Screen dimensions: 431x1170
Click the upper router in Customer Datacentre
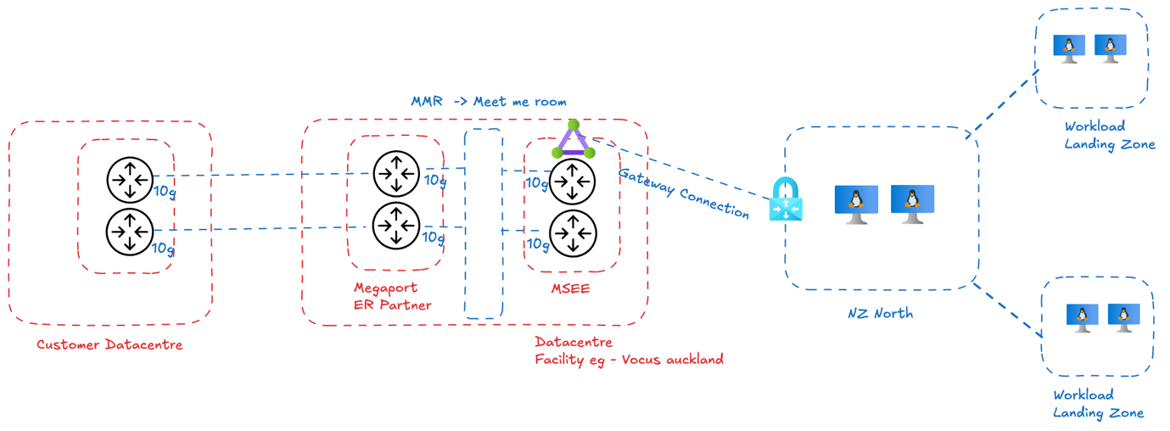[130, 180]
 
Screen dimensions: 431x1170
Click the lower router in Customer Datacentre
[130, 231]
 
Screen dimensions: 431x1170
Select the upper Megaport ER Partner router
[396, 174]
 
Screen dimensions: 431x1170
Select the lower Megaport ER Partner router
[396, 227]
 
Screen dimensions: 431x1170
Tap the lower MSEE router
[573, 232]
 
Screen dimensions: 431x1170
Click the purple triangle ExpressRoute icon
[574, 141]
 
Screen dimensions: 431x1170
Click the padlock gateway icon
[786, 200]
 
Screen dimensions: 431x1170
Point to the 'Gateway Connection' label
[683, 193]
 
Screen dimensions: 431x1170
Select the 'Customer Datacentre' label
[109, 344]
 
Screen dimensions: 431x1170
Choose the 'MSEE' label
[570, 289]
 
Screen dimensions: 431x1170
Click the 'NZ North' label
[880, 313]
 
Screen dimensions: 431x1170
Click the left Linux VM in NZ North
[856, 204]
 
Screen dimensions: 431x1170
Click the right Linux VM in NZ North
[912, 204]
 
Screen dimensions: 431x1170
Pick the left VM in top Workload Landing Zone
[1069, 48]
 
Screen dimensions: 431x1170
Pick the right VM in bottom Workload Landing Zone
[1123, 318]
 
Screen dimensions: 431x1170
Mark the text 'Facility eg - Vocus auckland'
[629, 359]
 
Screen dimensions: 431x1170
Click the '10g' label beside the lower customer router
[163, 249]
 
